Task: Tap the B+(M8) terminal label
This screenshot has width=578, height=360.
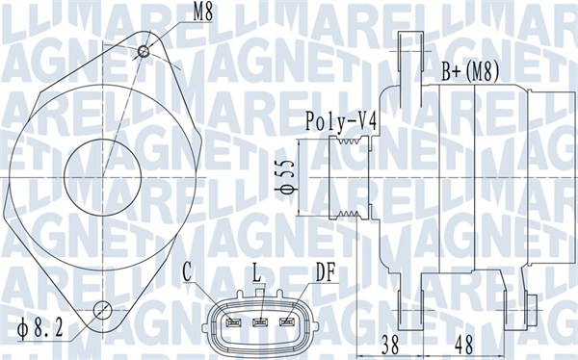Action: click(470, 70)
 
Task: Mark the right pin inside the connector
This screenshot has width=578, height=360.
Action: click(285, 321)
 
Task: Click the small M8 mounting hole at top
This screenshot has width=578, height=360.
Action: click(144, 50)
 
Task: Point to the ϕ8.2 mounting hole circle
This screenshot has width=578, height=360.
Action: click(104, 310)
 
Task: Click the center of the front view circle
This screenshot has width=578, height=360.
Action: click(108, 175)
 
